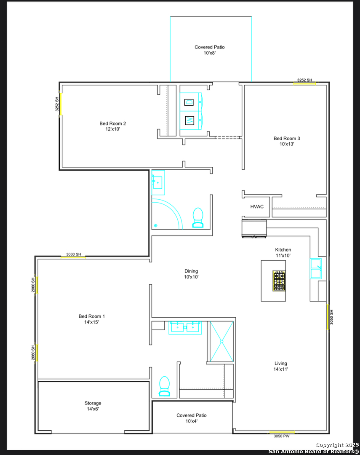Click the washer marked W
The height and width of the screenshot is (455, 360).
(191, 120)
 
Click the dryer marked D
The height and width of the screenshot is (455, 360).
(191, 102)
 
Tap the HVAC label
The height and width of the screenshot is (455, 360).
(257, 206)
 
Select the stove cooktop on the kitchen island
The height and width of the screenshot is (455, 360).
(279, 281)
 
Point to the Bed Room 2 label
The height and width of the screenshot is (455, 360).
(112, 123)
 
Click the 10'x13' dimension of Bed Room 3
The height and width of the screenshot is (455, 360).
(287, 144)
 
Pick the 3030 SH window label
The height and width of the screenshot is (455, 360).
(74, 254)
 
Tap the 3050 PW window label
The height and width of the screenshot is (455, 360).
(282, 436)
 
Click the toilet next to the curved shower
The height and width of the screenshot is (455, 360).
(198, 217)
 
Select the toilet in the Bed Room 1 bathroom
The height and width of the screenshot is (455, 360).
(165, 386)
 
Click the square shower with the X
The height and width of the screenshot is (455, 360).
(221, 342)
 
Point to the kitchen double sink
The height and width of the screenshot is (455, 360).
(316, 268)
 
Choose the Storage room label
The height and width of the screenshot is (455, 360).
(93, 403)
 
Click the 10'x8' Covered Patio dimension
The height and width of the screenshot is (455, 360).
(209, 53)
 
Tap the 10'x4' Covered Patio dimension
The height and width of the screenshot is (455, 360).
(192, 421)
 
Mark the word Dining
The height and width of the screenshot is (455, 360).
(191, 271)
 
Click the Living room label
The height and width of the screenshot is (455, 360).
(280, 363)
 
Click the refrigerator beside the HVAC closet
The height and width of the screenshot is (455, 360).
(254, 229)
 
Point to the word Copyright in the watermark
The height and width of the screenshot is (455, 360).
(329, 445)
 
